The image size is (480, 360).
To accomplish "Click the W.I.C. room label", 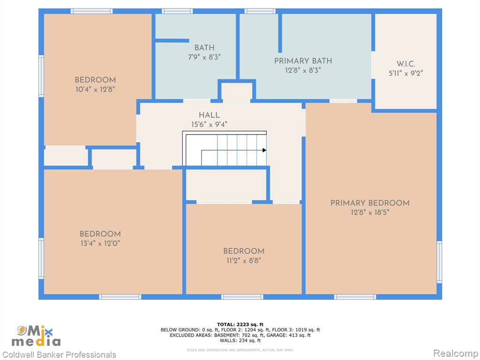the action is pyautogui.click(x=406, y=64).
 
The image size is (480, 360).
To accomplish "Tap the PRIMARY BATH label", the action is pyautogui.click(x=303, y=61).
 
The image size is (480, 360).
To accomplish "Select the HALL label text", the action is pyautogui.click(x=209, y=115).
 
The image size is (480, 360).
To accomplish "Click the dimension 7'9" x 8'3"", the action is pyautogui.click(x=204, y=57).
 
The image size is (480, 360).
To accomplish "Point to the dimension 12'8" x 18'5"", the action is pyautogui.click(x=370, y=212).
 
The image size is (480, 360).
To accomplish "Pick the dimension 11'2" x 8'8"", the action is pyautogui.click(x=244, y=261).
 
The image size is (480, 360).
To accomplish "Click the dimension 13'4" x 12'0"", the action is pyautogui.click(x=100, y=243).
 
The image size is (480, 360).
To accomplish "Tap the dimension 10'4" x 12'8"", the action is pyautogui.click(x=95, y=90).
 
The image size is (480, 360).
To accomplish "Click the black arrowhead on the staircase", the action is pyautogui.click(x=264, y=150).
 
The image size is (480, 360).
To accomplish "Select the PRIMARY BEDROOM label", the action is pyautogui.click(x=370, y=203).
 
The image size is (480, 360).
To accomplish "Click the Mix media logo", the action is pyautogui.click(x=36, y=336).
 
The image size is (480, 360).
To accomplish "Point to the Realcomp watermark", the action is pyautogui.click(x=456, y=353).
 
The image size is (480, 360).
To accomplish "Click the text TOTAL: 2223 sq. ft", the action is pyautogui.click(x=240, y=324).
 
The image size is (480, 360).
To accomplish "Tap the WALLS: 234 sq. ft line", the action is pyautogui.click(x=240, y=340).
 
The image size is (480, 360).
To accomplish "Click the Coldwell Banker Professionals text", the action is pyautogui.click(x=59, y=355).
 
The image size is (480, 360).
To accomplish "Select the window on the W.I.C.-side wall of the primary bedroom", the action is pyautogui.click(x=439, y=262).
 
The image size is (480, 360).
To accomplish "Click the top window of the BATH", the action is pyautogui.click(x=177, y=11).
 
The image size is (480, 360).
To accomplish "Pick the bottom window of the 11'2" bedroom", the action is pyautogui.click(x=242, y=297).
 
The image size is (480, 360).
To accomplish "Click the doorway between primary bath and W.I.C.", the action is pyautogui.click(x=373, y=65).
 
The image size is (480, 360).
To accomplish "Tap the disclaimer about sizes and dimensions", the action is pyautogui.click(x=240, y=350).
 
